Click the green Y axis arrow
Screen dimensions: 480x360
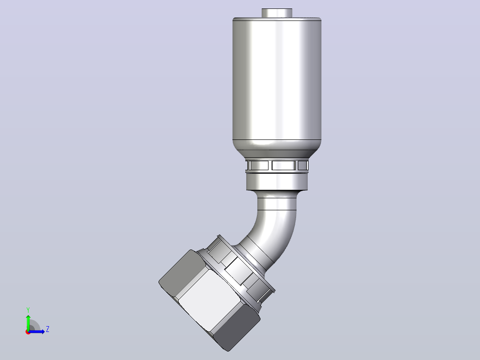[x=28, y=322]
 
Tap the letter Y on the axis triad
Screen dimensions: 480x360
[x=28, y=310]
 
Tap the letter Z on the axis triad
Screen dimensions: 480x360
[x=48, y=329]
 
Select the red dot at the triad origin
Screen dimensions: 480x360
[x=28, y=332]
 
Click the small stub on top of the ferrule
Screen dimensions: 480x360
[x=277, y=13]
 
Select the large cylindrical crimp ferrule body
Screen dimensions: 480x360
[x=277, y=80]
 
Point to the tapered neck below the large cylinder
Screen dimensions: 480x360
[x=277, y=150]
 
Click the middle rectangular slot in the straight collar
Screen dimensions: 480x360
[x=284, y=165]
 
